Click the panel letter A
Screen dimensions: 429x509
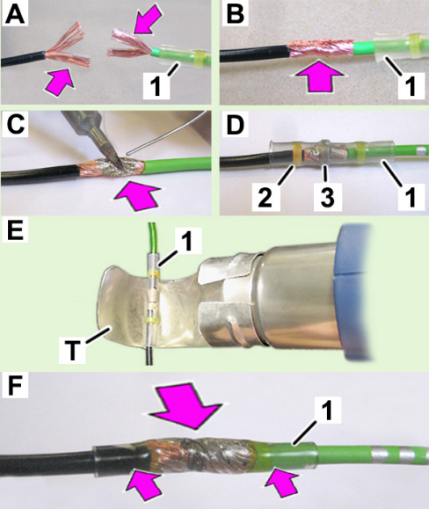[x=15, y=15]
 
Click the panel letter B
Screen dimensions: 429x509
[x=236, y=14]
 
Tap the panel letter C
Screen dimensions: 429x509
[x=16, y=125]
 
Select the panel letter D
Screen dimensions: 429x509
[x=236, y=125]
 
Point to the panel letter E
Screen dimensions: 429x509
[x=15, y=230]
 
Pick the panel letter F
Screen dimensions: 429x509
[x=15, y=387]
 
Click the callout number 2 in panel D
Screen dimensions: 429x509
[x=265, y=197]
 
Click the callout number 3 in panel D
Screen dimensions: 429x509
[x=327, y=197]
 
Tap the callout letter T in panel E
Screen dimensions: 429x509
[x=72, y=352]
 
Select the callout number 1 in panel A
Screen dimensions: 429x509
[x=156, y=86]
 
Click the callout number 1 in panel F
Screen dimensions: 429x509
[x=327, y=410]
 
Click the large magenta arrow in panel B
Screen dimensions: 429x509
[x=319, y=75]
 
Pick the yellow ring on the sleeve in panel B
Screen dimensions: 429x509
[x=414, y=43]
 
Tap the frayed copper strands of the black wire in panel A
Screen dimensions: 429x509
[x=67, y=43]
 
